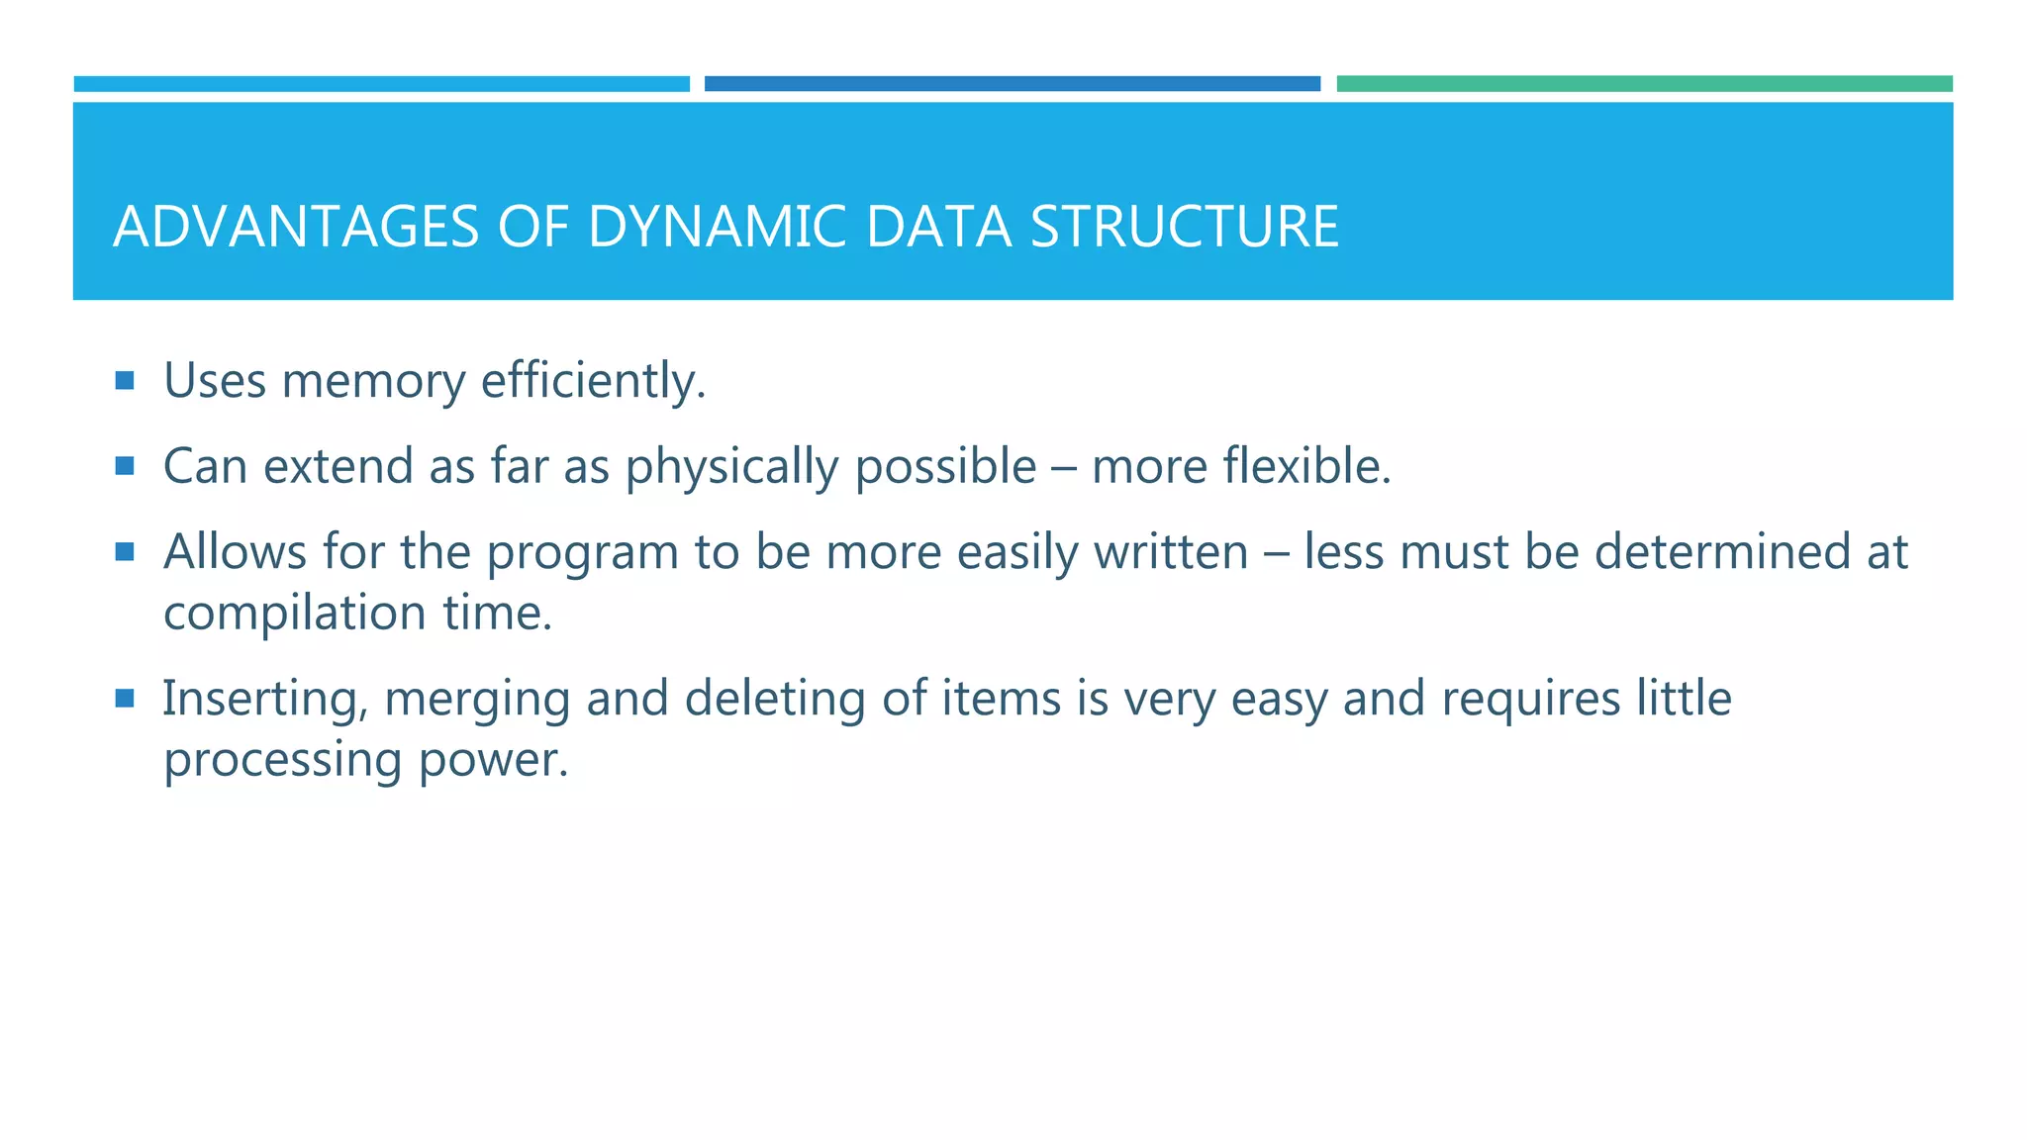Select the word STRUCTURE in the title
pos(1184,227)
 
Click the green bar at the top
pos(1644,84)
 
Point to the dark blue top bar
pos(1012,84)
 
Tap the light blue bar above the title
pos(381,84)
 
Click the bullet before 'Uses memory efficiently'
pos(125,380)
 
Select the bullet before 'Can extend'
pos(125,465)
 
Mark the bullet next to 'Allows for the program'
pos(125,551)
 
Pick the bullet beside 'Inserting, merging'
pos(125,699)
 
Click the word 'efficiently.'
pos(593,381)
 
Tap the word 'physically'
pos(731,467)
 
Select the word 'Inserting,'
pos(265,700)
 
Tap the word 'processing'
pos(283,761)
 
